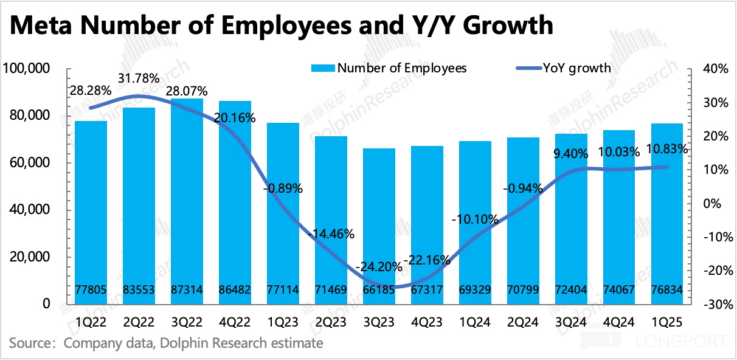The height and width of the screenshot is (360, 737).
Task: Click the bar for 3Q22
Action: coord(187,201)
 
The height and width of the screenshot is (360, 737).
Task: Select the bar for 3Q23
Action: coord(379,225)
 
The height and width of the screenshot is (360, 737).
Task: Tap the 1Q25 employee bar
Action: coord(668,213)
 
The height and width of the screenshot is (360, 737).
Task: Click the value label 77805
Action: coord(91,291)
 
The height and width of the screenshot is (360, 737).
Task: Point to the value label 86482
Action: coord(235,291)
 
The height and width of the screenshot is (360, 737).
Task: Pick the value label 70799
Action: coord(524,291)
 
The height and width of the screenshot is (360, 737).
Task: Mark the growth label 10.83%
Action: coord(668,148)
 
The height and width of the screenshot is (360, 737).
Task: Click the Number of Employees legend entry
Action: coord(389,67)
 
